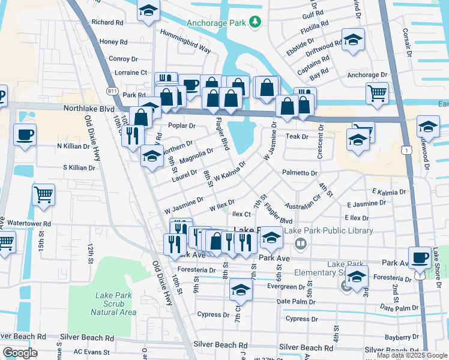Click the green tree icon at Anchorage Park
coord(256,22)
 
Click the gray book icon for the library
coord(301,244)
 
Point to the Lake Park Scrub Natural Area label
coord(116,304)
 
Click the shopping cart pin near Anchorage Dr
coord(377,93)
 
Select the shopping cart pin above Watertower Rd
coord(44,195)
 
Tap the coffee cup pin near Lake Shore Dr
coord(420,257)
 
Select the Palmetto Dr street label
coord(300,173)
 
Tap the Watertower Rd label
coord(29,223)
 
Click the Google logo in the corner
coord(19,352)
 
